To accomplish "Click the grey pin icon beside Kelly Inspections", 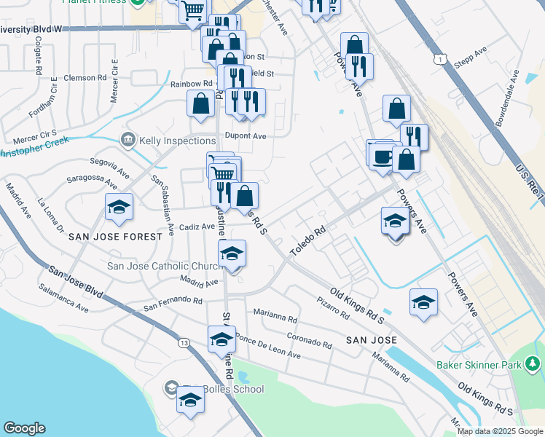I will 129,138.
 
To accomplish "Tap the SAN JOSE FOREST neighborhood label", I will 116,237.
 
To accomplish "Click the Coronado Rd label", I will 309,339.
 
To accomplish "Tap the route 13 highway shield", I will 184,342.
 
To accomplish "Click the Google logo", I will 24,428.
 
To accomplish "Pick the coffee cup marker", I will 381,157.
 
